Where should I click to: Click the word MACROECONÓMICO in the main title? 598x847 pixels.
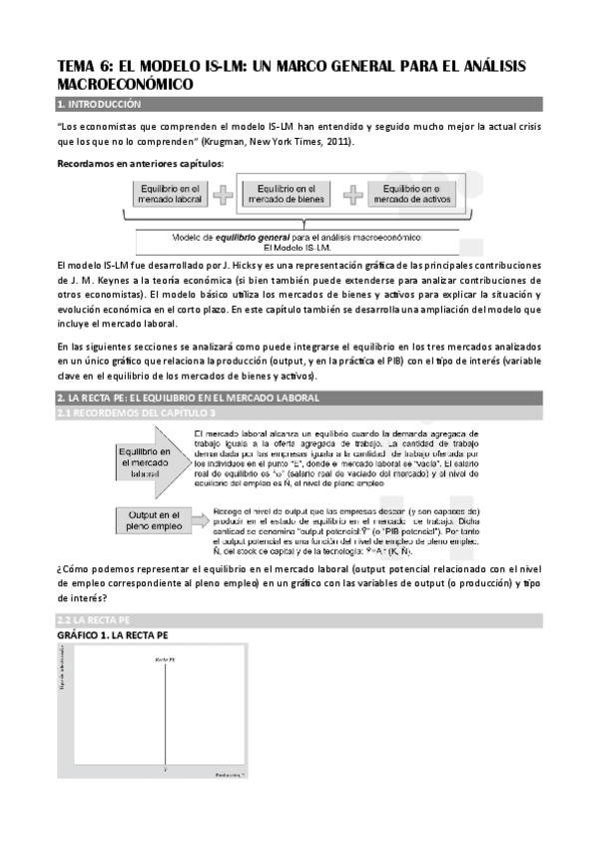123,86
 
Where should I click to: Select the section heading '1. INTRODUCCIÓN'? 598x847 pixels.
100,104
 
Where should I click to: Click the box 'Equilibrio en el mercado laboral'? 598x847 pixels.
167,194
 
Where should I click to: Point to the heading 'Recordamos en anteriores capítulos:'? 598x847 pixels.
140,163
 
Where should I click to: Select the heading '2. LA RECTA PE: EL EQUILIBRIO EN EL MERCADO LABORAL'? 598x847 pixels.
190,399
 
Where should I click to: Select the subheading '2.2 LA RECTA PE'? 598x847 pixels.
94,620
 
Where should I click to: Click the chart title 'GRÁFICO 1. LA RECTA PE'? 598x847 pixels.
113,635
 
